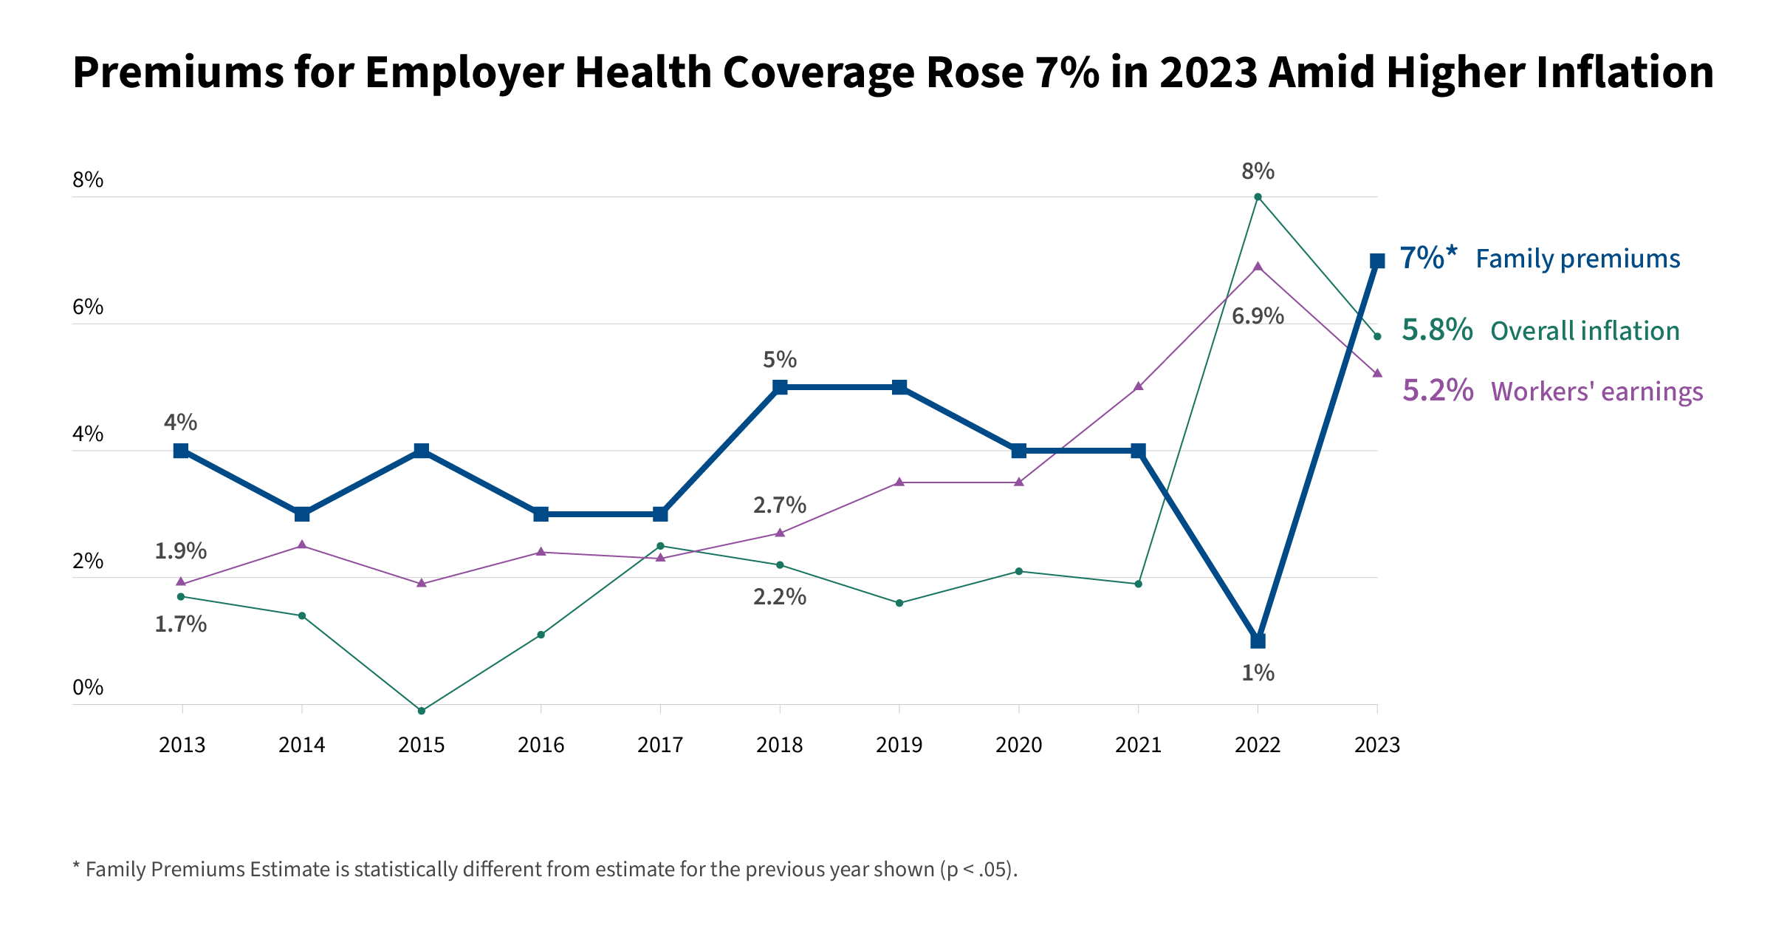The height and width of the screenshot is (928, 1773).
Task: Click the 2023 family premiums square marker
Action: tap(1376, 261)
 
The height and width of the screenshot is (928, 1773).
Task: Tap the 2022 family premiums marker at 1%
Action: tap(1258, 641)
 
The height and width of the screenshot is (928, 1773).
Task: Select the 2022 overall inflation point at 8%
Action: tap(1258, 197)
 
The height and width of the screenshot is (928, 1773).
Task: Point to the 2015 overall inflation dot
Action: tap(422, 711)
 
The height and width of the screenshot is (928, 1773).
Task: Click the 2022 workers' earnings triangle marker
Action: tap(1258, 267)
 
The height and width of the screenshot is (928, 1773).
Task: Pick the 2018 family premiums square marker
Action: tap(780, 387)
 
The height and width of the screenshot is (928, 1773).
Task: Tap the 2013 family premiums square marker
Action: tap(181, 451)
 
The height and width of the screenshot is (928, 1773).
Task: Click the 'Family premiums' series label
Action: tap(1577, 259)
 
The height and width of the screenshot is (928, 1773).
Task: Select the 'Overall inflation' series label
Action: tap(1585, 331)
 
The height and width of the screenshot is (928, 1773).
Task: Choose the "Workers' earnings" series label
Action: tap(1597, 392)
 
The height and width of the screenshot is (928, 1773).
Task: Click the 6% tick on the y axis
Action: tap(88, 307)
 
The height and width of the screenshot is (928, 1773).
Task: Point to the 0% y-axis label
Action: tap(88, 688)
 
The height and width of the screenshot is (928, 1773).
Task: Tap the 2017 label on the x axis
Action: tap(660, 745)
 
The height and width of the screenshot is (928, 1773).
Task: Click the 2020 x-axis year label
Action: tap(1018, 745)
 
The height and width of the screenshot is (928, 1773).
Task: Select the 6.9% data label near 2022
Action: tap(1258, 316)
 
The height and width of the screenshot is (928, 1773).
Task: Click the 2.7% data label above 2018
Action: tap(779, 505)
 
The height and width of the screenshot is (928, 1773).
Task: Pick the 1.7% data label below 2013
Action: tap(180, 625)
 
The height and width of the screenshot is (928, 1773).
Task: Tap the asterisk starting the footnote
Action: tap(75, 867)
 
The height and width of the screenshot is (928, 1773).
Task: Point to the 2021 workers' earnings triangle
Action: tap(1138, 386)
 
